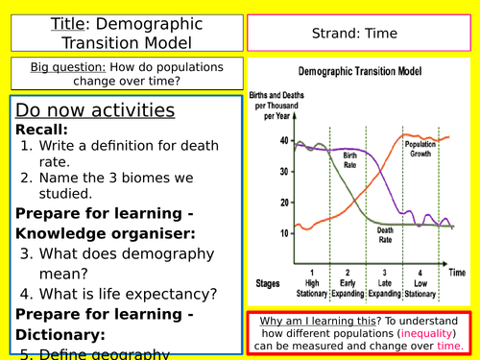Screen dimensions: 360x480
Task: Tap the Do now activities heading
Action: pyautogui.click(x=95, y=109)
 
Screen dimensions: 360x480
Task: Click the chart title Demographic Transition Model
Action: pyautogui.click(x=363, y=72)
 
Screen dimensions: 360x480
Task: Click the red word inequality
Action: pyautogui.click(x=409, y=334)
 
